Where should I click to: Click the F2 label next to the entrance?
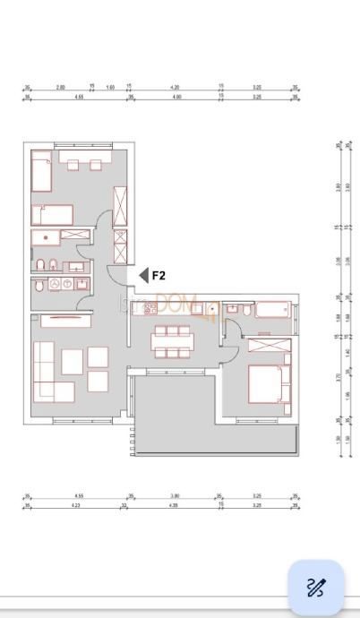pyautogui.click(x=159, y=276)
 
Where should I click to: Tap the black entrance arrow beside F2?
pyautogui.click(x=142, y=276)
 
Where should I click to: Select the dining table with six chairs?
pyautogui.click(x=172, y=341)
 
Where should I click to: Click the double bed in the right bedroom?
pyautogui.click(x=269, y=383)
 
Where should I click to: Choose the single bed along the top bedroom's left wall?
pyautogui.click(x=40, y=171)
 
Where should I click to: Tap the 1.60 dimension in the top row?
pyautogui.click(x=110, y=87)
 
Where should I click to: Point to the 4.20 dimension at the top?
pyautogui.click(x=176, y=87)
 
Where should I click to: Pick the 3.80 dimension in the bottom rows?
pyautogui.click(x=176, y=496)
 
